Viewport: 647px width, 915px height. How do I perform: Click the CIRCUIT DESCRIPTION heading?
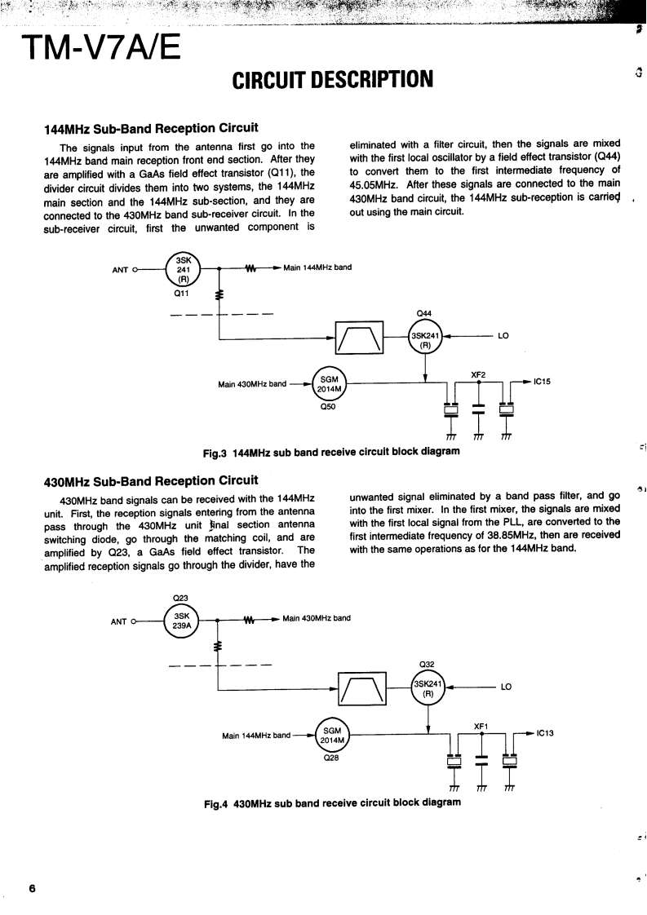[332, 80]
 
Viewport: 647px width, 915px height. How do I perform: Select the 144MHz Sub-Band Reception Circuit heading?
[151, 128]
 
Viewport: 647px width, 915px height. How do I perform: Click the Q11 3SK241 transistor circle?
[184, 267]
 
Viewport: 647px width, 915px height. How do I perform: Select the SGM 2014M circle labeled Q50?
[330, 383]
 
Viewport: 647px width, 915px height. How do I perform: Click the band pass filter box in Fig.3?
[359, 335]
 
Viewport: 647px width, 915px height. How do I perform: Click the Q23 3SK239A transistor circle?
[184, 620]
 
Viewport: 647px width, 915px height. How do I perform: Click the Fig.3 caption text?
[331, 452]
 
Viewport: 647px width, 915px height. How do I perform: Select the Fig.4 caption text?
[332, 802]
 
